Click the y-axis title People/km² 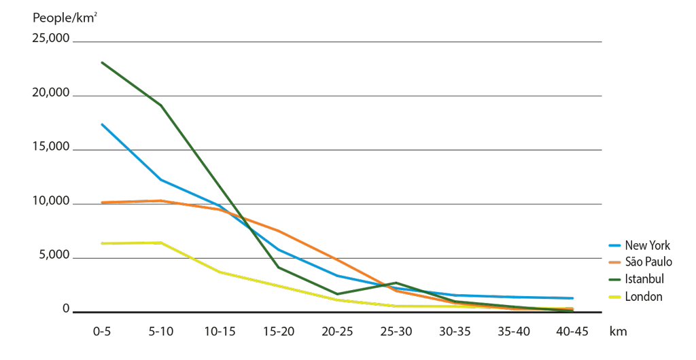tap(65, 18)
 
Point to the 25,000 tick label tap(50, 39)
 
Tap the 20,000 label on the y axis tap(50, 93)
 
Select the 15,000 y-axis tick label tap(50, 147)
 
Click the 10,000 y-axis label tap(50, 202)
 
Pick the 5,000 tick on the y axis tap(53, 255)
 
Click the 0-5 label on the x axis tap(101, 331)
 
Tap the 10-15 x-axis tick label tap(220, 331)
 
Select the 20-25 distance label tap(337, 331)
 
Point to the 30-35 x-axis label tap(455, 331)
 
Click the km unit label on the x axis tap(618, 331)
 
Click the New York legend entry tap(646, 245)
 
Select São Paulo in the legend tap(648, 262)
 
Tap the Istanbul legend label tap(644, 279)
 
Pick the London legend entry tap(643, 296)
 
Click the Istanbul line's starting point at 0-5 tap(101, 62)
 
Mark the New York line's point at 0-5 tap(101, 124)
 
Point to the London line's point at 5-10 tap(160, 242)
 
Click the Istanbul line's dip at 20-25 tap(337, 294)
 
